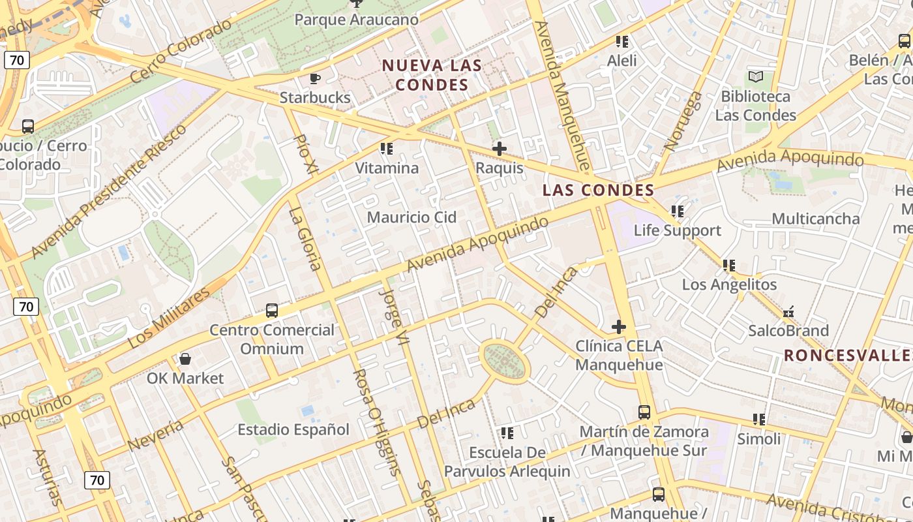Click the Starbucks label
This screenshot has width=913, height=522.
[x=315, y=98]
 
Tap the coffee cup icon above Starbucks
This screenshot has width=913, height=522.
[x=315, y=79]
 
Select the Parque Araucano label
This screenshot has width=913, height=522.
[x=356, y=20]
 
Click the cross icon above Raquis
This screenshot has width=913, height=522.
[x=500, y=149]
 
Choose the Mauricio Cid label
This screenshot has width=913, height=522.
[x=412, y=217]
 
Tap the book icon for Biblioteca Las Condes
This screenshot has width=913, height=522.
[x=756, y=77]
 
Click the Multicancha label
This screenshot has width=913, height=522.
[x=815, y=219]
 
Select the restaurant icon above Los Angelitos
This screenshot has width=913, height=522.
[x=729, y=266]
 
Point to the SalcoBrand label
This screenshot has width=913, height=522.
[x=788, y=330]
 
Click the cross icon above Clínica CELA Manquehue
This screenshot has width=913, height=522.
[x=619, y=327]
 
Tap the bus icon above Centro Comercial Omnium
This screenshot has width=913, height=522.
[x=272, y=311]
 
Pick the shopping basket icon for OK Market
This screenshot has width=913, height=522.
[x=185, y=359]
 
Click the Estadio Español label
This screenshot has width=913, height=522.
[x=293, y=429]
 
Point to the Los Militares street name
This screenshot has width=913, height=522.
[x=169, y=317]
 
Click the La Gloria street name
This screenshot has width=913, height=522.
[x=305, y=238]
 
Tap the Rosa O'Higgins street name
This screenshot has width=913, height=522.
[x=374, y=422]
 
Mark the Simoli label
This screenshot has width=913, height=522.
[x=758, y=438]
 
